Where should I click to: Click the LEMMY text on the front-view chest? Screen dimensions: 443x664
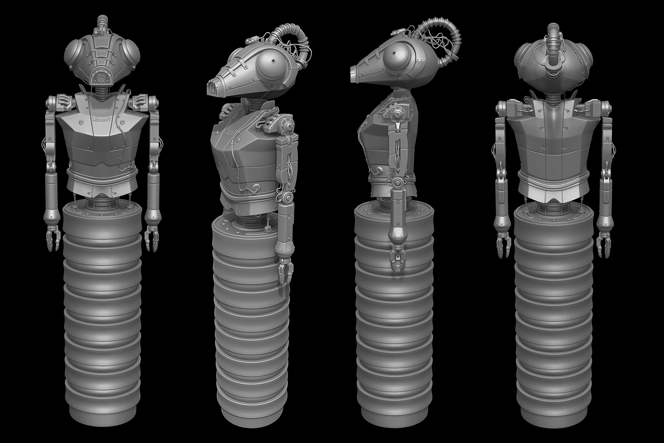pos(99,120)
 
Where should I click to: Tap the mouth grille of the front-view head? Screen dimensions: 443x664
pos(99,78)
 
